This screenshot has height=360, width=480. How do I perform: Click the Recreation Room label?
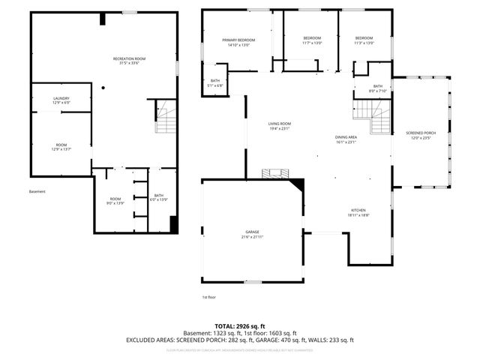tap(129, 61)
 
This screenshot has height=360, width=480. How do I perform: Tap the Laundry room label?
tap(61, 100)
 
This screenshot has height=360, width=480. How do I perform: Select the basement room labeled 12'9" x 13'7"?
tap(61, 147)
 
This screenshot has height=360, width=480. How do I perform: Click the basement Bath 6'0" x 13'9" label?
tap(159, 197)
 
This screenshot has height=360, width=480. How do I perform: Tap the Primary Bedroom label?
tap(238, 42)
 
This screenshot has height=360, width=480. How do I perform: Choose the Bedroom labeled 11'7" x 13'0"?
tap(312, 40)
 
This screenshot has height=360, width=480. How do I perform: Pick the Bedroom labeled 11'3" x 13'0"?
tap(364, 40)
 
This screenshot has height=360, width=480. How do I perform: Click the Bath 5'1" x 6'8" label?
tap(215, 83)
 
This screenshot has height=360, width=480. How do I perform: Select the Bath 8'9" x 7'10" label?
tap(377, 88)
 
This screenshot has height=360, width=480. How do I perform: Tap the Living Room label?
tap(280, 126)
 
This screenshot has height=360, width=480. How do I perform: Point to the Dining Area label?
tap(346, 140)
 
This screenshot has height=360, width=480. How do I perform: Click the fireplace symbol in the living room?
tap(274, 173)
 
